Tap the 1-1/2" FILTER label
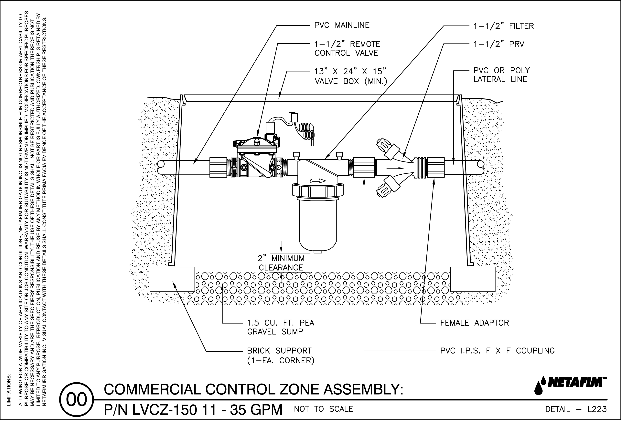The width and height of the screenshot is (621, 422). pos(503,26)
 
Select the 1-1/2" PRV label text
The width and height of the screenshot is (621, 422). pos(499,44)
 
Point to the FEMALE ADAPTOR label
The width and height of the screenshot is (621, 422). pos(474,323)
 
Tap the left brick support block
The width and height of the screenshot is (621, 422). pos(172,279)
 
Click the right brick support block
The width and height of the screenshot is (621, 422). pos(472,279)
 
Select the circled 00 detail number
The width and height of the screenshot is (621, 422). pos(77,400)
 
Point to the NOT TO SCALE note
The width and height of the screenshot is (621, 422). pos(323,409)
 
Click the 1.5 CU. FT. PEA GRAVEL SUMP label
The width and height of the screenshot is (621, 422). pos(281,327)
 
